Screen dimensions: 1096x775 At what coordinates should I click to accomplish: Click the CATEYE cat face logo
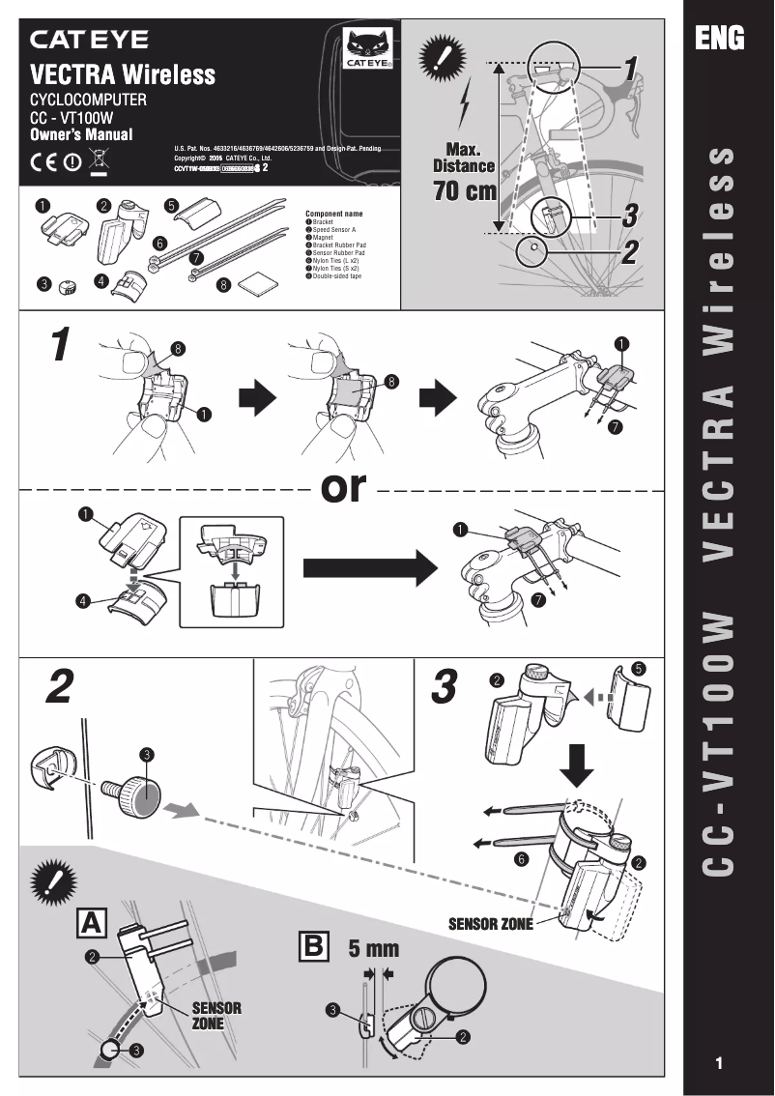coord(365,48)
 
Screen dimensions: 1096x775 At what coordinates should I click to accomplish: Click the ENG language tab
coord(720,38)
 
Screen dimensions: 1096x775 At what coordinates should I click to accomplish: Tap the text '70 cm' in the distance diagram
coord(465,190)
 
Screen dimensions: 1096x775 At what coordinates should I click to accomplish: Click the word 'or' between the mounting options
coord(345,489)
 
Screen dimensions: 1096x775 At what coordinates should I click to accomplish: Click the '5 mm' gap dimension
coord(373,948)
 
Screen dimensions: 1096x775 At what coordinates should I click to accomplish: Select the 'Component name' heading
coord(333,213)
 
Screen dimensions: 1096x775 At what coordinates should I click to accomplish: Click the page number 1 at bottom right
coord(719,1064)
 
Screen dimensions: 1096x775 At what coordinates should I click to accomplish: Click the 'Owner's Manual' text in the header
coord(81,135)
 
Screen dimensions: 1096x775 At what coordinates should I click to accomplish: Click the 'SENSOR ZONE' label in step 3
coord(490,924)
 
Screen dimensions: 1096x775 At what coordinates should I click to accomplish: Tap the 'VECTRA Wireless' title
coord(123,74)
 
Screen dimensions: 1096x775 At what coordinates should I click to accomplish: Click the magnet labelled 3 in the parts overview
coord(69,284)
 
